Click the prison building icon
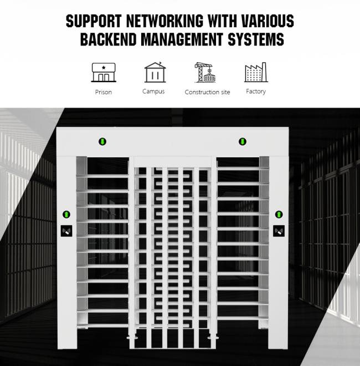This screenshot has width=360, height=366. pos(103,73)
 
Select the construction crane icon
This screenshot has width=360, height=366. pos(206,73)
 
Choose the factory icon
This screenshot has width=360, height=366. pos(256,73)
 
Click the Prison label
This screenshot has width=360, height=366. pos(103,92)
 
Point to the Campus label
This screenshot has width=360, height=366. pos(153,91)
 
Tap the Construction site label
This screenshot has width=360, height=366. pos(207,92)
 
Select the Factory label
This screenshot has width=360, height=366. pos(256,91)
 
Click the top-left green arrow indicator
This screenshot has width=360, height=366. pos(102,142)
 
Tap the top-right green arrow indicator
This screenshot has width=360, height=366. pos(242,142)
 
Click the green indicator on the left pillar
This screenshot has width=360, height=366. pos(66,214)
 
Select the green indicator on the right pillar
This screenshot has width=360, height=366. pos(279,214)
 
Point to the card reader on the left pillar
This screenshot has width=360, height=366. pos(66,231)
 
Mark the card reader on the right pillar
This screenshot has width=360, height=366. pos(279,231)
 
